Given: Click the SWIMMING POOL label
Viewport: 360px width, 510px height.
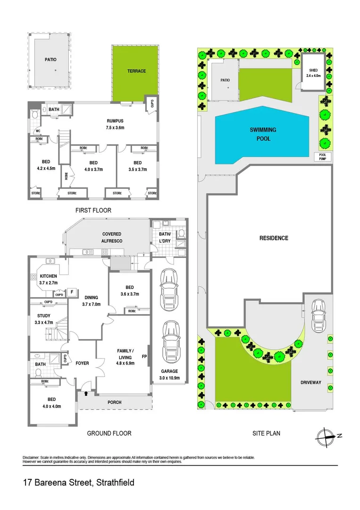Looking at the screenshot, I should pyautogui.click(x=263, y=134).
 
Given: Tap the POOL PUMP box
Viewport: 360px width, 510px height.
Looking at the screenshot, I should pyautogui.click(x=323, y=157).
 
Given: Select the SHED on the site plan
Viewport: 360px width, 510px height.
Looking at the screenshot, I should pyautogui.click(x=313, y=73).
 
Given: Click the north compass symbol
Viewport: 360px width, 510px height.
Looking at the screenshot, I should pyautogui.click(x=326, y=435).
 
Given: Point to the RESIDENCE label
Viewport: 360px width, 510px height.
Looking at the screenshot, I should pyautogui.click(x=274, y=238).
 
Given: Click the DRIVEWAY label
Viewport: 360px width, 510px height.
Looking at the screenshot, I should pyautogui.click(x=310, y=382).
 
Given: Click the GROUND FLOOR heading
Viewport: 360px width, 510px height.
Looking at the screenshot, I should pyautogui.click(x=109, y=433).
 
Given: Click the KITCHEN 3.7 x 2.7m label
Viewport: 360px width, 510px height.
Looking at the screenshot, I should pyautogui.click(x=48, y=279).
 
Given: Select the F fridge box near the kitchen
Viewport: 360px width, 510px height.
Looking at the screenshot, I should pyautogui.click(x=72, y=292).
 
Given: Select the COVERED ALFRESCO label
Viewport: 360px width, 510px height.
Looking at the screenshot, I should pyautogui.click(x=112, y=237).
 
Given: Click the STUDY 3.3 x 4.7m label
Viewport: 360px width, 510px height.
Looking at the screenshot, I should pyautogui.click(x=43, y=319).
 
